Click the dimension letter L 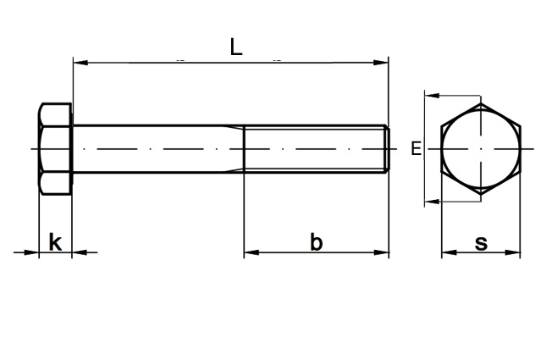[236, 47]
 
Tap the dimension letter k [55, 242]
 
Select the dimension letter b [316, 242]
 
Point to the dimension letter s [481, 243]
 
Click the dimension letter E [417, 148]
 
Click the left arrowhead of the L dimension [80, 63]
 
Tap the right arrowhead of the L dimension [382, 63]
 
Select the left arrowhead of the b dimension [251, 252]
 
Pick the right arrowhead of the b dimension [382, 252]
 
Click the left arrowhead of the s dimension [449, 252]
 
